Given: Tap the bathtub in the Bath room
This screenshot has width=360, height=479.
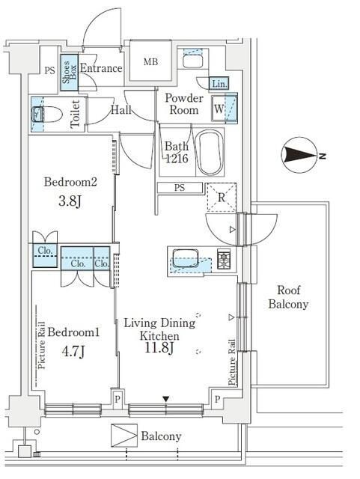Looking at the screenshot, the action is (x=210, y=153).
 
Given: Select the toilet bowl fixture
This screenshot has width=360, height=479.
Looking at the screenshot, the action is (x=46, y=115).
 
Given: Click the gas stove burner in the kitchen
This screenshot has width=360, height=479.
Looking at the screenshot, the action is (x=224, y=259).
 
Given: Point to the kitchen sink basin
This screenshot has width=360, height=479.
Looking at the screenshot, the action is (x=185, y=259).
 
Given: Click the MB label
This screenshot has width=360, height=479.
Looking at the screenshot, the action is (x=150, y=61).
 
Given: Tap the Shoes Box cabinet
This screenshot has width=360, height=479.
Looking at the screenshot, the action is (x=70, y=73).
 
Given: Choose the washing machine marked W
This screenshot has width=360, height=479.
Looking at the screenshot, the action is (x=225, y=109).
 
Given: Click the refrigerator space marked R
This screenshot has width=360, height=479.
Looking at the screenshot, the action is (x=222, y=198).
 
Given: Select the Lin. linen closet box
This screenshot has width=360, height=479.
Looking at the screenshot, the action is (x=219, y=83).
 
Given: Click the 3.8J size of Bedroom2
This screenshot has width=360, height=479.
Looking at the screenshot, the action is (x=70, y=201).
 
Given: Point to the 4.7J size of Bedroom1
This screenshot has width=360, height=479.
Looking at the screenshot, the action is (x=73, y=351).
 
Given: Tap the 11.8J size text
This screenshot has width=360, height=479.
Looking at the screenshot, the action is (x=159, y=348).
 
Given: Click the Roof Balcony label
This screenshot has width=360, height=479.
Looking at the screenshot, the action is (x=288, y=297).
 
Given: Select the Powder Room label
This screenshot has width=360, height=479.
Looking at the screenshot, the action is (x=183, y=104).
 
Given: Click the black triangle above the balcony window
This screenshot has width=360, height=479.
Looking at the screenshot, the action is (x=165, y=399).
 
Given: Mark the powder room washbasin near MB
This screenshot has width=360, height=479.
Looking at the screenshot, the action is (x=192, y=61).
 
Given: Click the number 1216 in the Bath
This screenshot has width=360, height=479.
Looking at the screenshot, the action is (x=177, y=159).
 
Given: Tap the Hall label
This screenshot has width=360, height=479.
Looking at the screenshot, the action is (x=121, y=110).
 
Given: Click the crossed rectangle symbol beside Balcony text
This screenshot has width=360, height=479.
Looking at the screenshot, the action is (x=124, y=436).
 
